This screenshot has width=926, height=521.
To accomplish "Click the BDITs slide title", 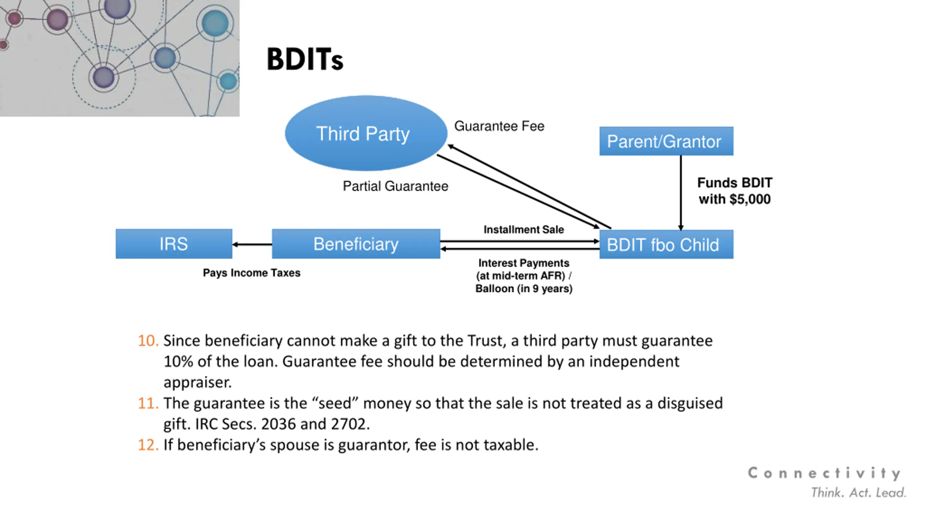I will click(305, 59).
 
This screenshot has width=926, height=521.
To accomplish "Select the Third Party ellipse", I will click(366, 133).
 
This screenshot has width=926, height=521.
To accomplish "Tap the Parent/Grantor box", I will click(666, 141).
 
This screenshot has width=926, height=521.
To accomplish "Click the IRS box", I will click(174, 244).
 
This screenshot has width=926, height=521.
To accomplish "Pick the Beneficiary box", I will click(356, 244).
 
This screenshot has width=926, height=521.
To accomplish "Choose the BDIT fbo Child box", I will click(666, 245).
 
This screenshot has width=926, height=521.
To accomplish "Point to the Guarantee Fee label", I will click(499, 126).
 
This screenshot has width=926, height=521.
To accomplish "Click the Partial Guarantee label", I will click(395, 186).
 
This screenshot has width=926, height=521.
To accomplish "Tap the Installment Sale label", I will click(523, 229).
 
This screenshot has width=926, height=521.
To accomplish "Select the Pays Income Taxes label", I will click(251, 273).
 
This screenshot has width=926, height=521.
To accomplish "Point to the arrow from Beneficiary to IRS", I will click(252, 245).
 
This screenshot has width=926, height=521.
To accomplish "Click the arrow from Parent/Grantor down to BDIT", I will click(681, 192).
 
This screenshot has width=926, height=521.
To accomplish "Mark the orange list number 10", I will click(148, 341).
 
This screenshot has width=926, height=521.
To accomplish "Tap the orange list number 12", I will click(148, 445).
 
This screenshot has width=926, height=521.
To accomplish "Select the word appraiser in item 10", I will click(197, 382).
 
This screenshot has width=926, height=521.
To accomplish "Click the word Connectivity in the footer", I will click(824, 473).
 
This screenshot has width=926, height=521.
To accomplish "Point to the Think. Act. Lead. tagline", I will click(858, 493).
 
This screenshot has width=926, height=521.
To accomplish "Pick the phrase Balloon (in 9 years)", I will click(523, 289).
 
